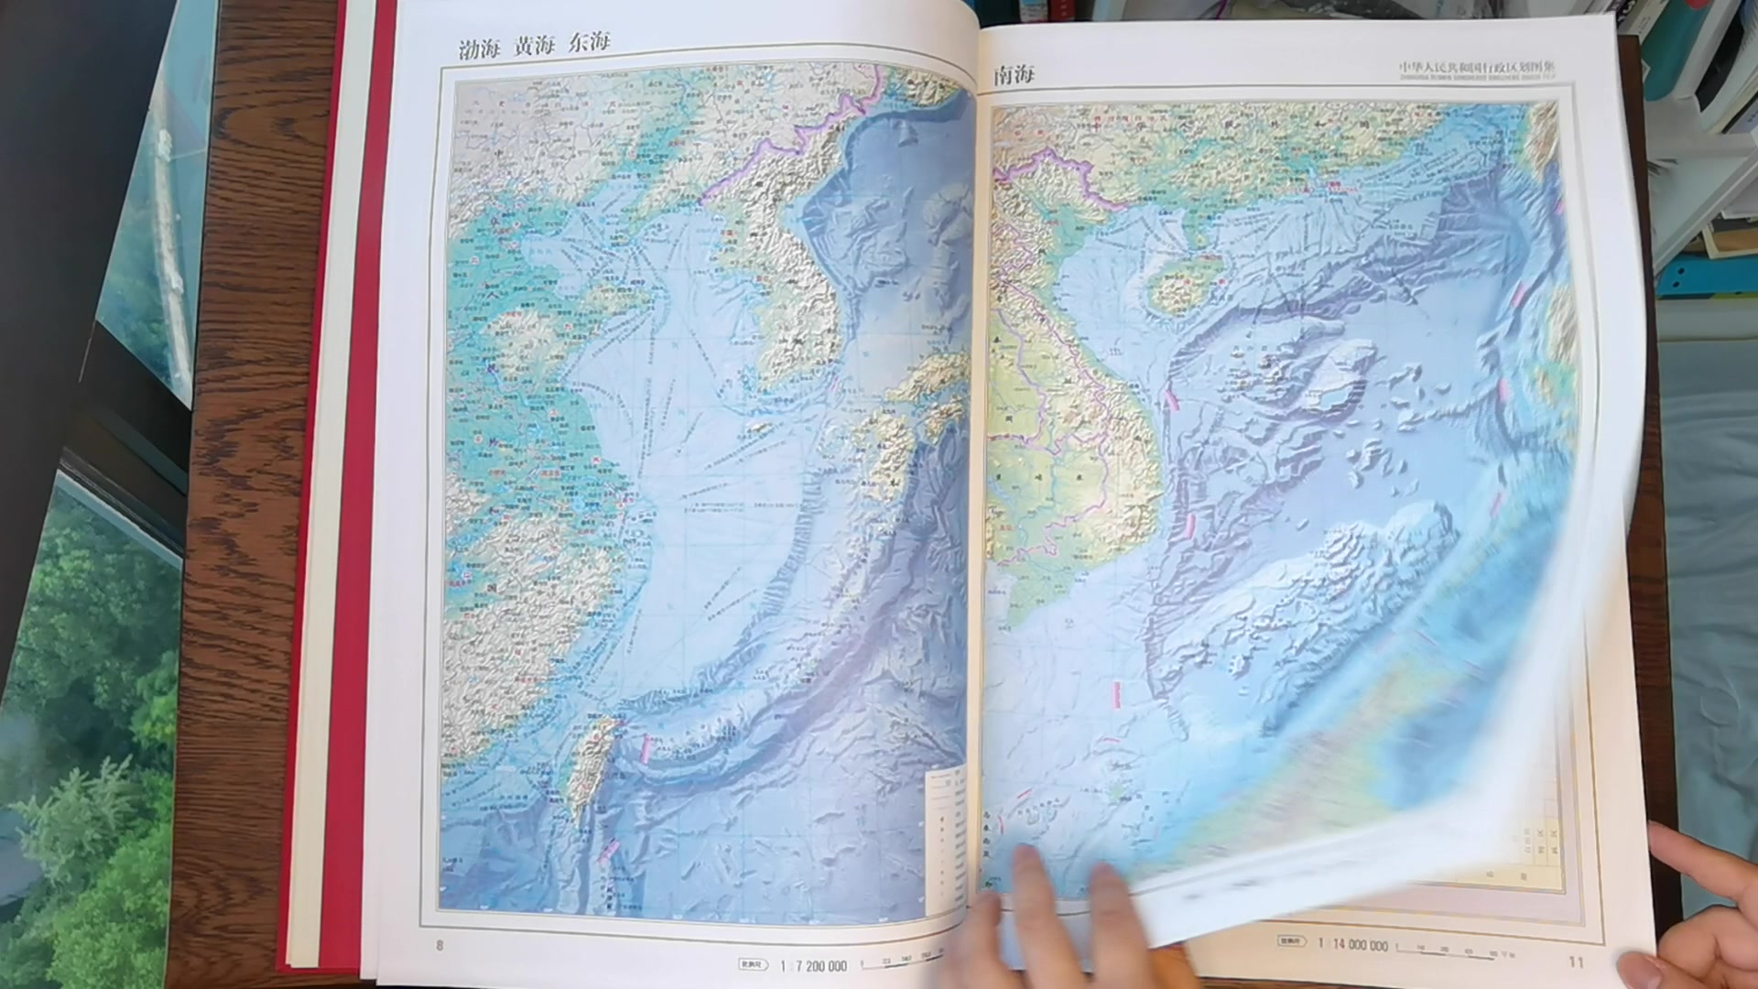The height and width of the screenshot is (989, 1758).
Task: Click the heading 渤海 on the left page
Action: (479, 49)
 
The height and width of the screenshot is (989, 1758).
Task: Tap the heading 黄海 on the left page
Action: (533, 46)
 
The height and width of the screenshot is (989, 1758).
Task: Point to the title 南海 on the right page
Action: (1015, 75)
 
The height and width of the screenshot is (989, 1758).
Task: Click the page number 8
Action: (439, 945)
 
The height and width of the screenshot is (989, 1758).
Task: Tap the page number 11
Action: (1576, 962)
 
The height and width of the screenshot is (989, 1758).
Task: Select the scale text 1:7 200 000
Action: (813, 966)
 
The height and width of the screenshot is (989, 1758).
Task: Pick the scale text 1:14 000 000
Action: (1352, 945)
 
